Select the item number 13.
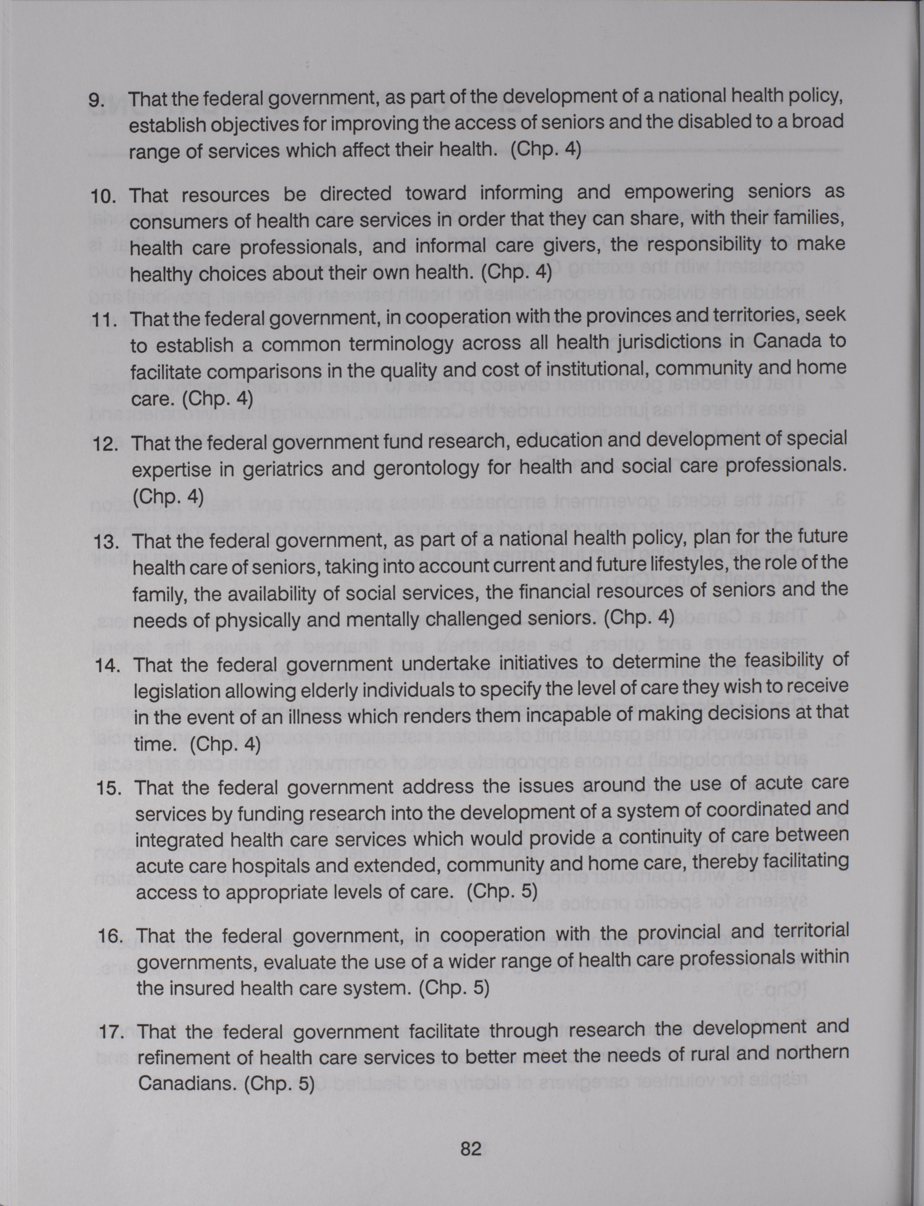click(107, 542)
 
